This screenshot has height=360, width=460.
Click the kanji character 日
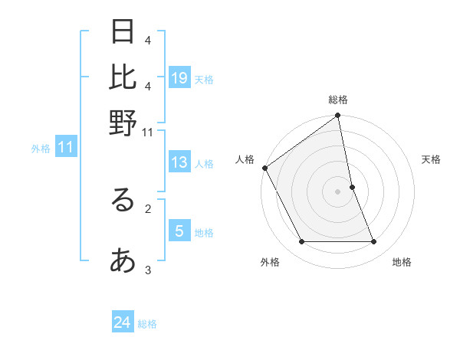coord(123,32)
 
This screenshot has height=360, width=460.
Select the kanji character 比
coord(123,77)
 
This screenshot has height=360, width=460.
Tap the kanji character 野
coord(123,123)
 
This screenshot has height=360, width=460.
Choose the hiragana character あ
coord(123,261)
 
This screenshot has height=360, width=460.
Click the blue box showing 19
coord(179,77)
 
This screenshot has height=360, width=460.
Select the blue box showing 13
coord(179,162)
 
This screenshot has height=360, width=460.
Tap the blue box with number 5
coord(179,231)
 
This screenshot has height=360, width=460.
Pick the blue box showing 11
coord(65,148)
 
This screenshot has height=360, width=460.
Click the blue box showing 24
coord(123,322)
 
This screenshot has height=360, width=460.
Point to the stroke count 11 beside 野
coord(148,133)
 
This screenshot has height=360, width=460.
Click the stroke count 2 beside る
coord(148,207)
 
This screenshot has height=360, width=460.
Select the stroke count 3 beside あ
coord(148,270)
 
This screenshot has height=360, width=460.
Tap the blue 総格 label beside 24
coord(147,324)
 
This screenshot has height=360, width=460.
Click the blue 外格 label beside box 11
coord(41,149)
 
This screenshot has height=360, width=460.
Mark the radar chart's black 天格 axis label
coord(432,159)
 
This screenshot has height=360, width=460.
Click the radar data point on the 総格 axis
coord(337,116)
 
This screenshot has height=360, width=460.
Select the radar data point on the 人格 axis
coord(265,168)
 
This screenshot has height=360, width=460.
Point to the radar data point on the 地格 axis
coord(374,242)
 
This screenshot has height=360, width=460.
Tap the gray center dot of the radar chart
coord(338,191)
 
